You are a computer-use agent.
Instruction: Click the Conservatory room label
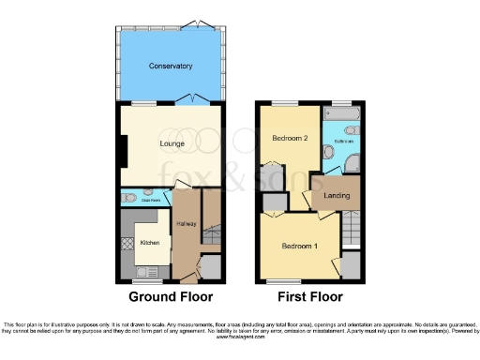[x=170, y=67]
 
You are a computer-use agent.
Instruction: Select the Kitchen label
[x=150, y=243]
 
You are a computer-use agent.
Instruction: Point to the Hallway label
[x=185, y=224]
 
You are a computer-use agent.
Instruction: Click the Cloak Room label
[x=151, y=199]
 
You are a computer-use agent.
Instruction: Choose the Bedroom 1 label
[x=301, y=246]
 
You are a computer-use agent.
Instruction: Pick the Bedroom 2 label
[x=290, y=139]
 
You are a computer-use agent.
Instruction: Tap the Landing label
[x=336, y=196]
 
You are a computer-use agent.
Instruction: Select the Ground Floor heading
[x=171, y=297]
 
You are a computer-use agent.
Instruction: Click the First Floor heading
[x=310, y=297]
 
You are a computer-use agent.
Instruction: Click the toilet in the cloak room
[x=130, y=198]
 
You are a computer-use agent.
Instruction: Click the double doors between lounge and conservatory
[x=193, y=100]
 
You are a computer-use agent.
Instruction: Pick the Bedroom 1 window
[x=278, y=281]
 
